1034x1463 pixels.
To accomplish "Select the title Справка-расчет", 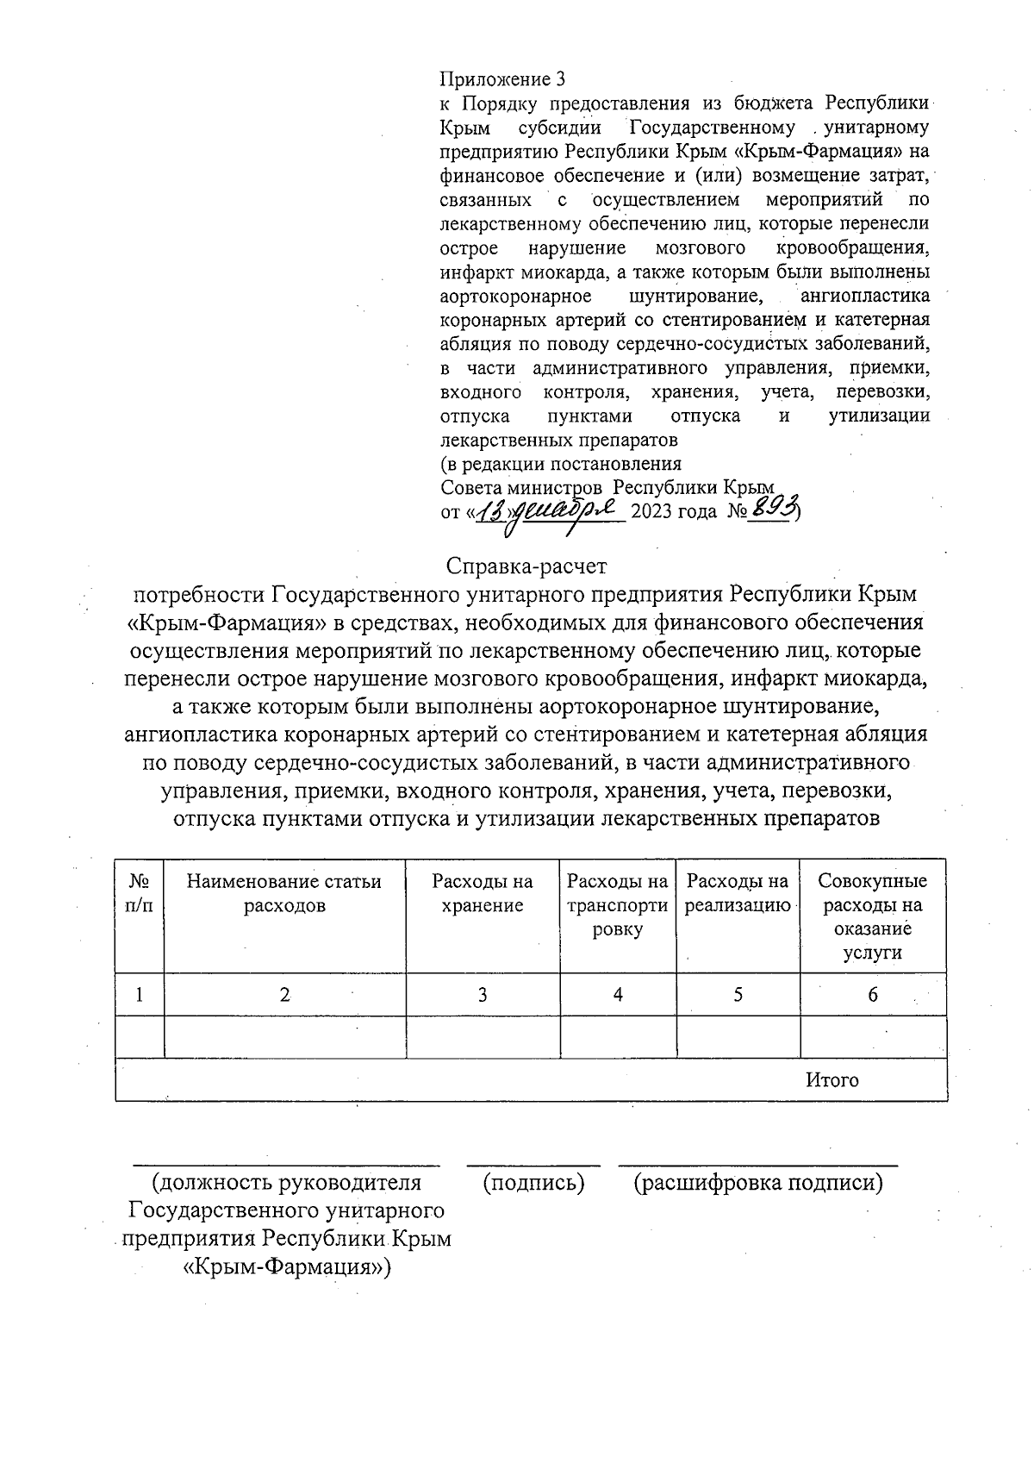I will (526, 566).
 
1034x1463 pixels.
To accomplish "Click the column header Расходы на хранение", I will (483, 893).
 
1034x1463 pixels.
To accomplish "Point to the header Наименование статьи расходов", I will (284, 893).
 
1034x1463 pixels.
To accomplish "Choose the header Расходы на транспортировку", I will (618, 905).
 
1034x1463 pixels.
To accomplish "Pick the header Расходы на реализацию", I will (738, 893).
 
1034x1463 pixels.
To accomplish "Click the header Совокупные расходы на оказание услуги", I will (872, 916).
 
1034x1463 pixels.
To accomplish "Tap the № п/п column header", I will (139, 893).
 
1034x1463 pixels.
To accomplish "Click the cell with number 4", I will (618, 995).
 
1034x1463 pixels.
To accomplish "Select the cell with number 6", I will (872, 995).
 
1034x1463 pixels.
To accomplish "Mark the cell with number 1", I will (139, 995).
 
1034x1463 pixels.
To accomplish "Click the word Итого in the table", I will (832, 1079).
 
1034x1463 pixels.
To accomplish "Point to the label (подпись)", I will (534, 1183).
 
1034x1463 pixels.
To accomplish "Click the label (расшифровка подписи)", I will (758, 1183).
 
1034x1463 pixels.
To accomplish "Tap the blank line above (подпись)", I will (534, 1164).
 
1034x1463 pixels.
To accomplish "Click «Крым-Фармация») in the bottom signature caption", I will (287, 1266).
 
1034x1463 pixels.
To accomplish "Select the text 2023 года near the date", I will (674, 511).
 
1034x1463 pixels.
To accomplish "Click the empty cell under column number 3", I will (483, 1037).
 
